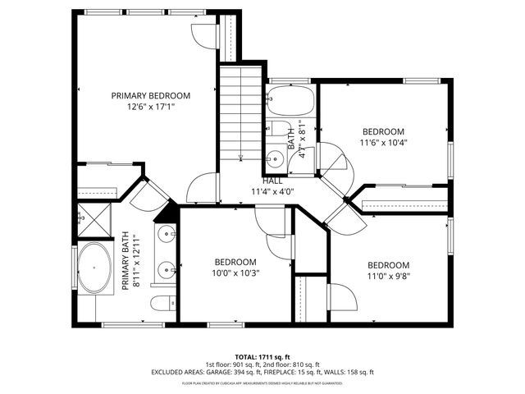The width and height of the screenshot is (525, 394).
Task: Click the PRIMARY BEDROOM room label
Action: [151, 95]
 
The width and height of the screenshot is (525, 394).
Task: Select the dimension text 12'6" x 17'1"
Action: [151, 107]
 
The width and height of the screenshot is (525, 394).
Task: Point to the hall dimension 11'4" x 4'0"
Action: [272, 191]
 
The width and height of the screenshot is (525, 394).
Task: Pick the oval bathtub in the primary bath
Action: [97, 268]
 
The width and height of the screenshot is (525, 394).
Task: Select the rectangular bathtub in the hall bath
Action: [290, 102]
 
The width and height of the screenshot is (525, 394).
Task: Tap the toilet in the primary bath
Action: [162, 303]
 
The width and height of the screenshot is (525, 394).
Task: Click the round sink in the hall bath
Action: [275, 158]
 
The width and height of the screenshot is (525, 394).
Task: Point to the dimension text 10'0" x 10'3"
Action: [235, 273]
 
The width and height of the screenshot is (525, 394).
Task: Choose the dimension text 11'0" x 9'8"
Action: [388, 277]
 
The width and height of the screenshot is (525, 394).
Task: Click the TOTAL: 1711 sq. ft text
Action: [262, 356]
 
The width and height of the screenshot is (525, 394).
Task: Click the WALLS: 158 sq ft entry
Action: [349, 372]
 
